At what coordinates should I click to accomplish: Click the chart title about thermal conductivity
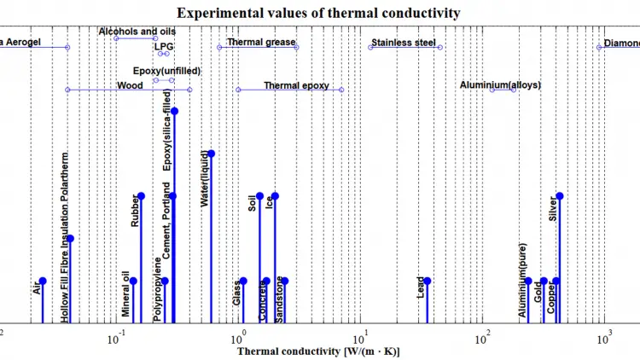click(x=319, y=13)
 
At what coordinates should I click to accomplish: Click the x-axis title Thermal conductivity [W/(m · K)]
click(x=319, y=351)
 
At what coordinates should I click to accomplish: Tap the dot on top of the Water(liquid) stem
click(x=212, y=154)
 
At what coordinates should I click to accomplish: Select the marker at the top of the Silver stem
click(x=560, y=196)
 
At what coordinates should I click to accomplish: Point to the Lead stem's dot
click(x=428, y=282)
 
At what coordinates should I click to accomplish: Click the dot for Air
click(x=43, y=282)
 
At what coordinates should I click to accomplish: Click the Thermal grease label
click(x=261, y=43)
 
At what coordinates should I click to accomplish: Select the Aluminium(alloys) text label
click(x=500, y=85)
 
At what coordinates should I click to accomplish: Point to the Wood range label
click(x=130, y=85)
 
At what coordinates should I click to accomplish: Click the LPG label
click(x=163, y=47)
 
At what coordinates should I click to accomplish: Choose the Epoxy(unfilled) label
click(x=166, y=71)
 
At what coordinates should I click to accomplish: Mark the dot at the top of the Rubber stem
click(x=141, y=196)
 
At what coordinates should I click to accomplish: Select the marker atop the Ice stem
click(x=275, y=196)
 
